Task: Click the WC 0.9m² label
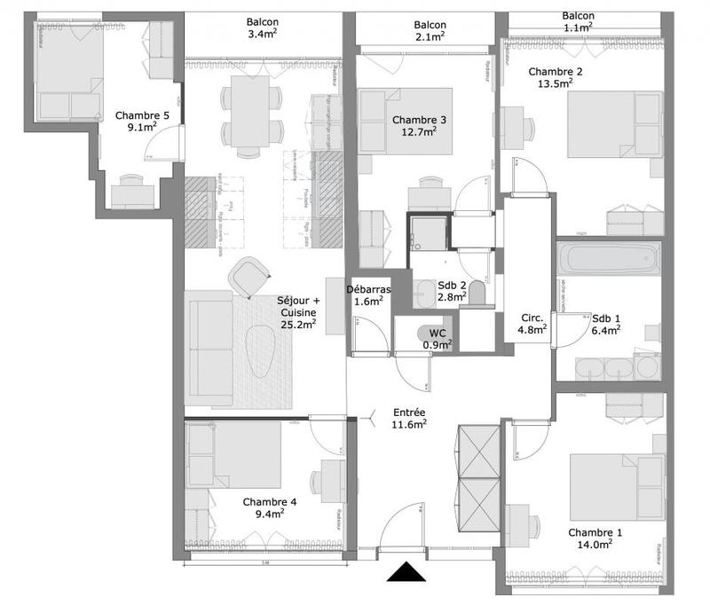(437, 338)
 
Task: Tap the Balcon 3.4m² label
(264, 30)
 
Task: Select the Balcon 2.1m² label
(430, 31)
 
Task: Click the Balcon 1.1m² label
(579, 21)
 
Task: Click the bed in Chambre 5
(67, 71)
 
